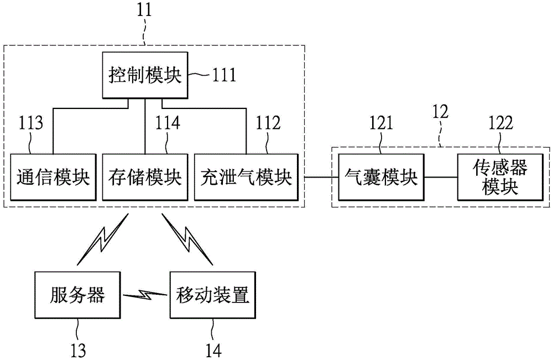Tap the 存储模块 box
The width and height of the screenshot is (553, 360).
145,178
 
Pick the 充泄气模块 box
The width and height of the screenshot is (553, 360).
246,178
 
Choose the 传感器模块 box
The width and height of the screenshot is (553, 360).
499,178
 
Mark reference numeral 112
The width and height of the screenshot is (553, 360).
267,123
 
